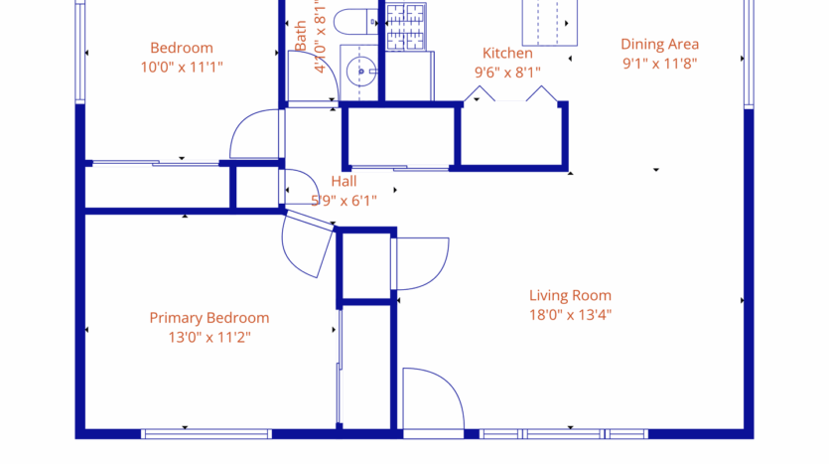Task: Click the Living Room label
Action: [x=570, y=295]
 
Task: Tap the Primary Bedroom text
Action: [x=208, y=318]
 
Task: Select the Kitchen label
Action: [x=507, y=53]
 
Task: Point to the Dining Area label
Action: [x=660, y=44]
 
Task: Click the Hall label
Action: [x=344, y=182]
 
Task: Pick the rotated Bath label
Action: [x=301, y=37]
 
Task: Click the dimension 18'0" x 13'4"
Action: [x=570, y=316]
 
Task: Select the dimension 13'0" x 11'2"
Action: [x=208, y=338]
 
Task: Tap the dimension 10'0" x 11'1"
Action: [x=182, y=68]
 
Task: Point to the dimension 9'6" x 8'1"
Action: [x=507, y=72]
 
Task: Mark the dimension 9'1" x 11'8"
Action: [x=660, y=63]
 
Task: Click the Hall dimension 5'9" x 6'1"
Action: [x=344, y=200]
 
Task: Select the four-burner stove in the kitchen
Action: [x=404, y=27]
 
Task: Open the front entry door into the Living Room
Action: [x=433, y=402]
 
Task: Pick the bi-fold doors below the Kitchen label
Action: [x=511, y=95]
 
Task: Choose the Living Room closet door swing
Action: [x=422, y=264]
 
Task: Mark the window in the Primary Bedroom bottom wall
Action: [x=207, y=433]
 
